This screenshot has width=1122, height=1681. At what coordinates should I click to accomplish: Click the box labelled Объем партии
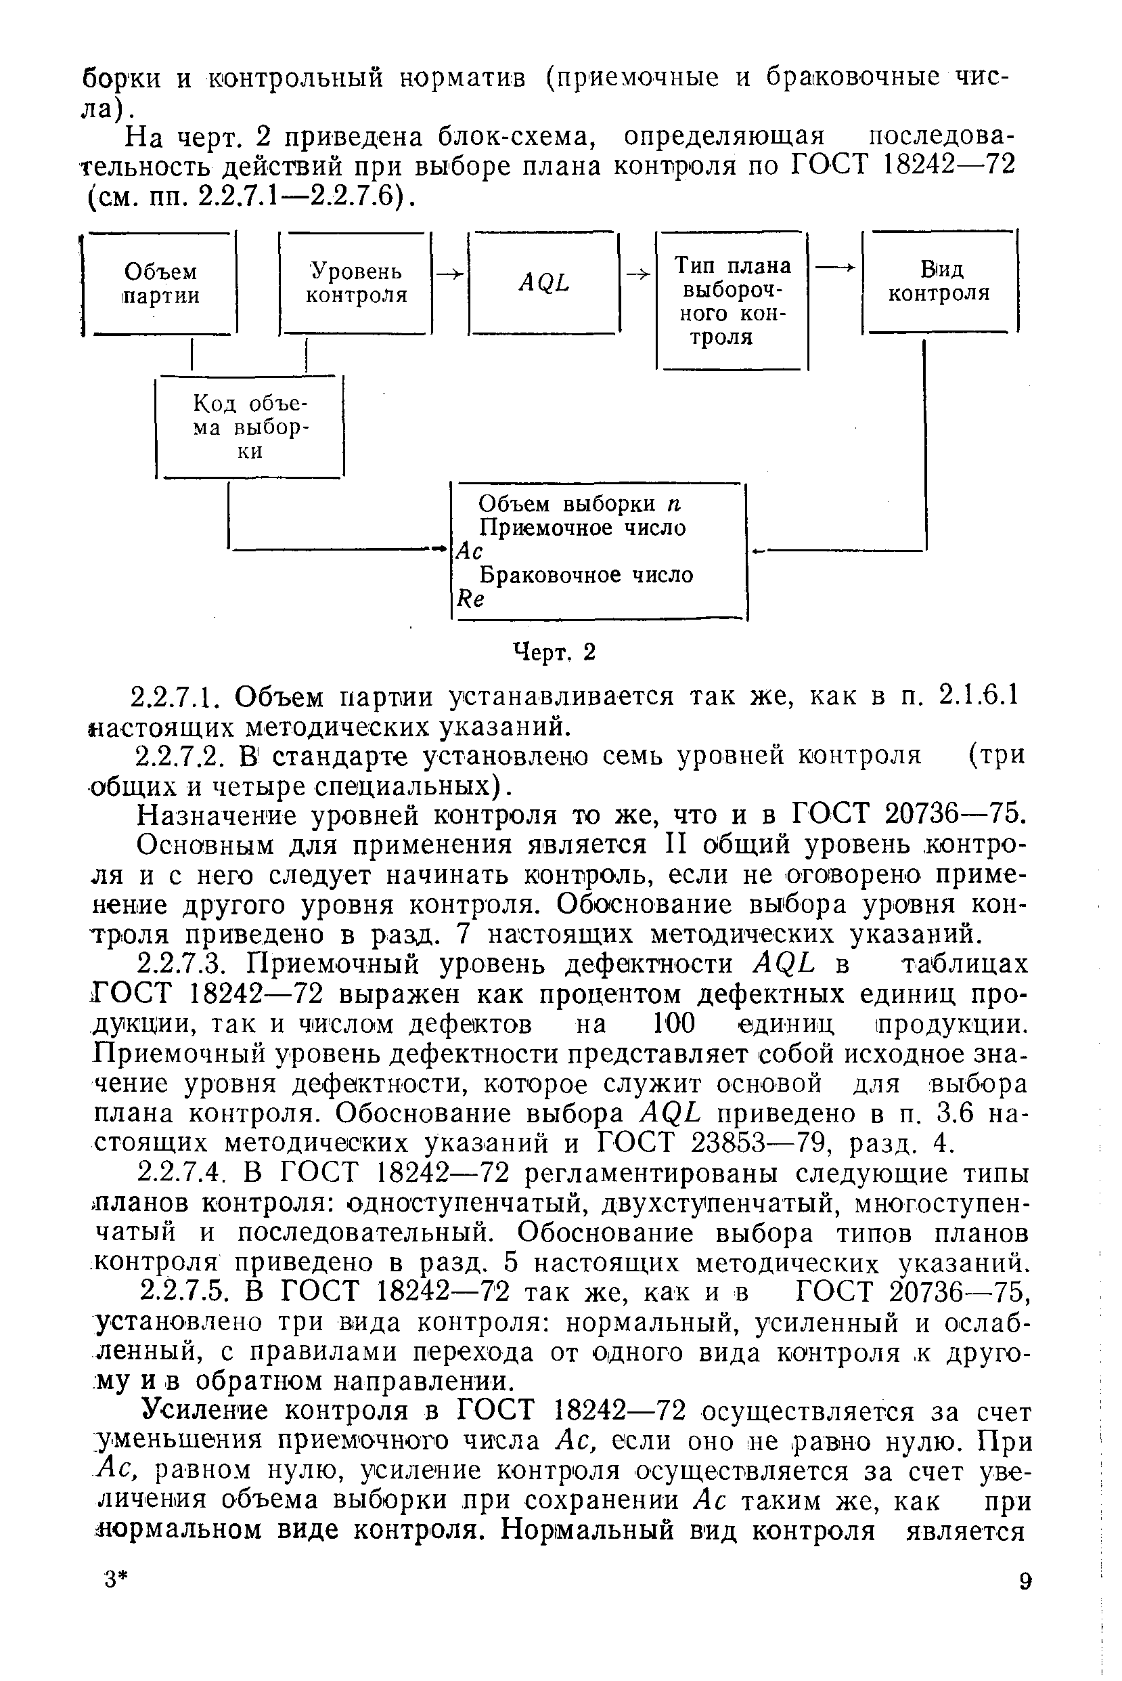pyautogui.click(x=160, y=284)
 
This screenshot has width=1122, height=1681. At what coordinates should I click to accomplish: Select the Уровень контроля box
pyautogui.click(x=357, y=284)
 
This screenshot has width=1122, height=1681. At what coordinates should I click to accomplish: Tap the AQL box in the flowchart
pyautogui.click(x=544, y=284)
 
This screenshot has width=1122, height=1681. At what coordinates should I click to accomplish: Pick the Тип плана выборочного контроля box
pyautogui.click(x=732, y=301)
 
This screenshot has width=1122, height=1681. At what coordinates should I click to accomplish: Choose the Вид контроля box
pyautogui.click(x=939, y=281)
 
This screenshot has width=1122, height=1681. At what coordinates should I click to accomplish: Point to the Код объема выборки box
pyautogui.click(x=250, y=427)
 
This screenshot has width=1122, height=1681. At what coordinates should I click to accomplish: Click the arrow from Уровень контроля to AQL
pyautogui.click(x=450, y=274)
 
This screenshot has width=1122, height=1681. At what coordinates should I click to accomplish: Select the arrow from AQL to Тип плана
pyautogui.click(x=638, y=274)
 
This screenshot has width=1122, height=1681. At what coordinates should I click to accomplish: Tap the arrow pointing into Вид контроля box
pyautogui.click(x=835, y=267)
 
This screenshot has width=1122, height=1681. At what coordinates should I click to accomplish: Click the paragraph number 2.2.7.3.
pyautogui.click(x=185, y=965)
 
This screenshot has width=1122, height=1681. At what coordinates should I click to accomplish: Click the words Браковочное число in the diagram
pyautogui.click(x=585, y=576)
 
